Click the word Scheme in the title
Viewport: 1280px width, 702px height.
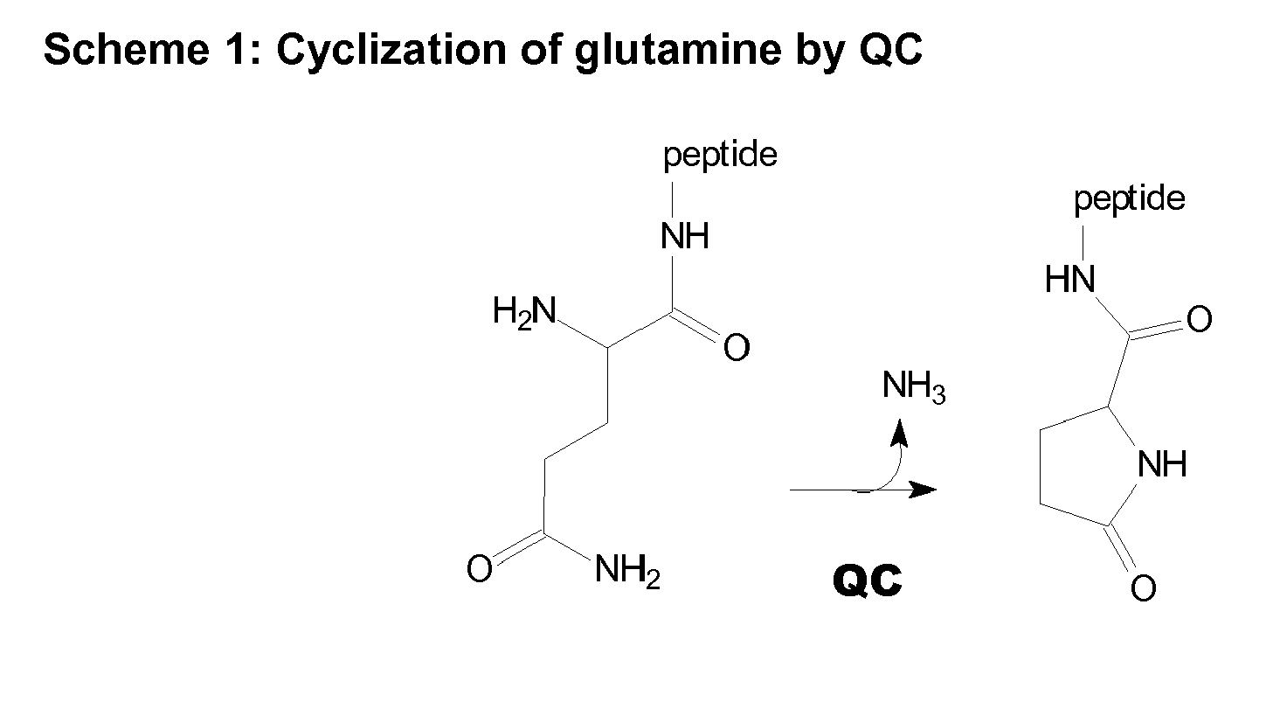127,49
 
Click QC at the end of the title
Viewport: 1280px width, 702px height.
891,49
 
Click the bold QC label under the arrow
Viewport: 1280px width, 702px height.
868,580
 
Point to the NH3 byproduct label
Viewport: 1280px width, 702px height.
914,386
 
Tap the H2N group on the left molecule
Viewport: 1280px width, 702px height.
524,312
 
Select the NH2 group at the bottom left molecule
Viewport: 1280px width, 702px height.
627,571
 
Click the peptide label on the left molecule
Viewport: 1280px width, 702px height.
720,156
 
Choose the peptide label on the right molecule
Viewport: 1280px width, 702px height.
1130,200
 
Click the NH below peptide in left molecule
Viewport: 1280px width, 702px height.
685,235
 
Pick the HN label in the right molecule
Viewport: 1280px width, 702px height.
1069,280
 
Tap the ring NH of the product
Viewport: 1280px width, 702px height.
1162,463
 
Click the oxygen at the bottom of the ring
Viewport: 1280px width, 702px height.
1144,587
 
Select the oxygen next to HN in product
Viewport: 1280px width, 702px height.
1199,319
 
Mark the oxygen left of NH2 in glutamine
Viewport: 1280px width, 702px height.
479,569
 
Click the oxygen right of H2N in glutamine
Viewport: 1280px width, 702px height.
736,348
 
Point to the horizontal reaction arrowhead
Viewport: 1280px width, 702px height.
923,490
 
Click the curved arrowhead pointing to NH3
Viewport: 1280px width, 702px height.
899,432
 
